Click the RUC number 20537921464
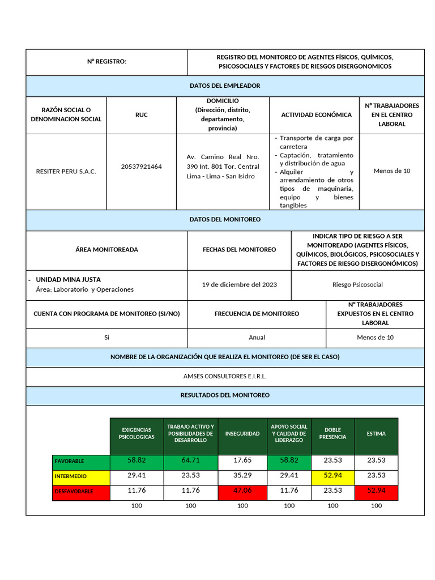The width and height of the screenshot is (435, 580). point(141,167)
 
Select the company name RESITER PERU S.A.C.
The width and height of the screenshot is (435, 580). point(66,170)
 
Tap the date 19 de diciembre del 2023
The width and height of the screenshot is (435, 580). point(239,284)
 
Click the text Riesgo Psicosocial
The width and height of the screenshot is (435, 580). point(357,284)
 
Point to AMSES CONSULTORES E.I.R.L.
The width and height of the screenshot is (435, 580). point(225,376)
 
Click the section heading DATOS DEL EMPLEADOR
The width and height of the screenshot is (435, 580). point(225,86)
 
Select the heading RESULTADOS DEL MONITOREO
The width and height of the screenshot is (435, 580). point(225,395)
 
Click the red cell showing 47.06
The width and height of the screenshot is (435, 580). point(242,491)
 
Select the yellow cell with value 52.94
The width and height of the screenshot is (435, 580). point(332,475)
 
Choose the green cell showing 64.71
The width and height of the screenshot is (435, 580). point(190,460)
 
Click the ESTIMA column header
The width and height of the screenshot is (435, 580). point(376,434)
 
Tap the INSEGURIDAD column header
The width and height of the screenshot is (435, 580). point(242,434)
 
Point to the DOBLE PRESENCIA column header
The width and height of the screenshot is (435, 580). point(332,434)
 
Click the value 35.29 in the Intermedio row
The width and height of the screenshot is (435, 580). point(242,475)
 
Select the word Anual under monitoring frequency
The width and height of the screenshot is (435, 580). point(257,337)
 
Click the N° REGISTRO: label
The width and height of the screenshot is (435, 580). point(106,62)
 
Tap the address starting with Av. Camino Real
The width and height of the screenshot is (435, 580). point(223,167)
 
